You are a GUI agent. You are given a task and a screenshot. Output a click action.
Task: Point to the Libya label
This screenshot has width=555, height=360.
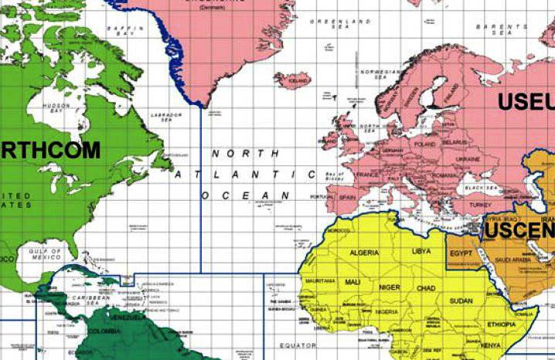coord(421,252)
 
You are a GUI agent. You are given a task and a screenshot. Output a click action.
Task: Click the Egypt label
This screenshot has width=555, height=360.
coord(461,253)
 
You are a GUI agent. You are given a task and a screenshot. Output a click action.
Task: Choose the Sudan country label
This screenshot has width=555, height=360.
coord(461,300)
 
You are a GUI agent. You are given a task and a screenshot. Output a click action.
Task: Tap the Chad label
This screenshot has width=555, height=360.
coord(425,287)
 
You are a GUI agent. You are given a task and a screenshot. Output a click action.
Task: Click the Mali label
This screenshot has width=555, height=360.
coord(353,282)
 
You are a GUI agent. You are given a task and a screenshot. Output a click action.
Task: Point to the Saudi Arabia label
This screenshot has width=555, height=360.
coord(512,260)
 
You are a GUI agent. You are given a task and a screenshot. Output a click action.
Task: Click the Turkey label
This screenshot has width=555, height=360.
coord(480,205)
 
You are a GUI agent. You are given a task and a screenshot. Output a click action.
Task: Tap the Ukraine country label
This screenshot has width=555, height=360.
coord(468,158)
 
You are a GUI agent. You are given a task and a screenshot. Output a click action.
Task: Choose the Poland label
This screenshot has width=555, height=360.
coord(424,144)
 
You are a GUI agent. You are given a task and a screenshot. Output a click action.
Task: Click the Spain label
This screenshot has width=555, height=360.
coord(346,198)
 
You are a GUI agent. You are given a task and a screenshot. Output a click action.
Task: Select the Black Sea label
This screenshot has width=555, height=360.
coord(480,188)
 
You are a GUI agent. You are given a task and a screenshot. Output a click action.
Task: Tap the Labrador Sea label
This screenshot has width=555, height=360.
coord(170,117)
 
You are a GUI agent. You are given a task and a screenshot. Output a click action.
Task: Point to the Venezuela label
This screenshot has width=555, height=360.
coord(127,318)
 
